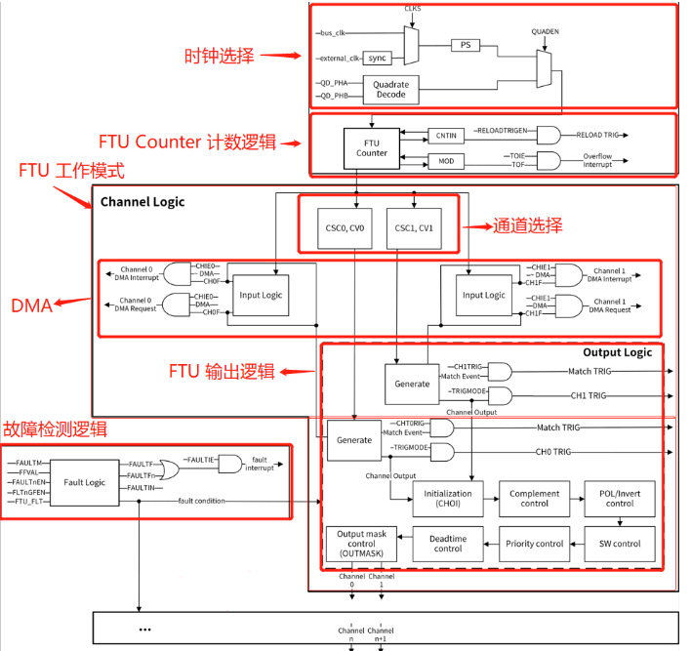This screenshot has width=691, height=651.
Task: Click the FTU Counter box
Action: (x=371, y=147)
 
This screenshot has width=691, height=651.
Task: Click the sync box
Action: (x=377, y=59)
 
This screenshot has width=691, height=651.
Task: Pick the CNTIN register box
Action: (x=445, y=136)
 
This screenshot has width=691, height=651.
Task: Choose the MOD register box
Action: (x=445, y=159)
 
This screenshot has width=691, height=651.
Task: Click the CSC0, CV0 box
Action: (x=345, y=227)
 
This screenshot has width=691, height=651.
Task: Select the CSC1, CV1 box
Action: (x=414, y=227)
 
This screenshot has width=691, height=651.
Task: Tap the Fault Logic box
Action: (x=84, y=483)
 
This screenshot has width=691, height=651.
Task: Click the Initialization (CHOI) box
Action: (x=448, y=498)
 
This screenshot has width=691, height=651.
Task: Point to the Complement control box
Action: (x=534, y=498)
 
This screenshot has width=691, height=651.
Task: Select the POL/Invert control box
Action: (x=619, y=498)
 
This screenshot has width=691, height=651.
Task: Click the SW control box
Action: (x=619, y=543)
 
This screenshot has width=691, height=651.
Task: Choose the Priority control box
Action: (x=534, y=543)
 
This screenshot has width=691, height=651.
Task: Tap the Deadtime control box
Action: (x=448, y=543)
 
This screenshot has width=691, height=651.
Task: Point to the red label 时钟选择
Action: (x=221, y=56)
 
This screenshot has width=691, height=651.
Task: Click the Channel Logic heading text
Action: (x=142, y=202)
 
